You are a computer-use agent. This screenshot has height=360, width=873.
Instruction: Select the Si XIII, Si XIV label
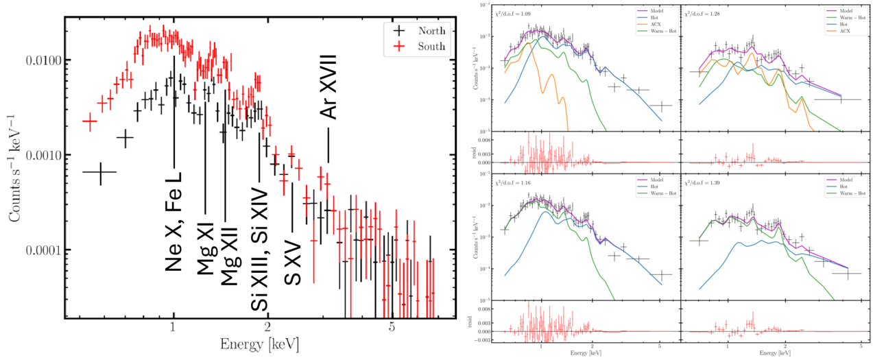260,246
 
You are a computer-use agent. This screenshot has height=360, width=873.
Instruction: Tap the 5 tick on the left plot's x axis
392,329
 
